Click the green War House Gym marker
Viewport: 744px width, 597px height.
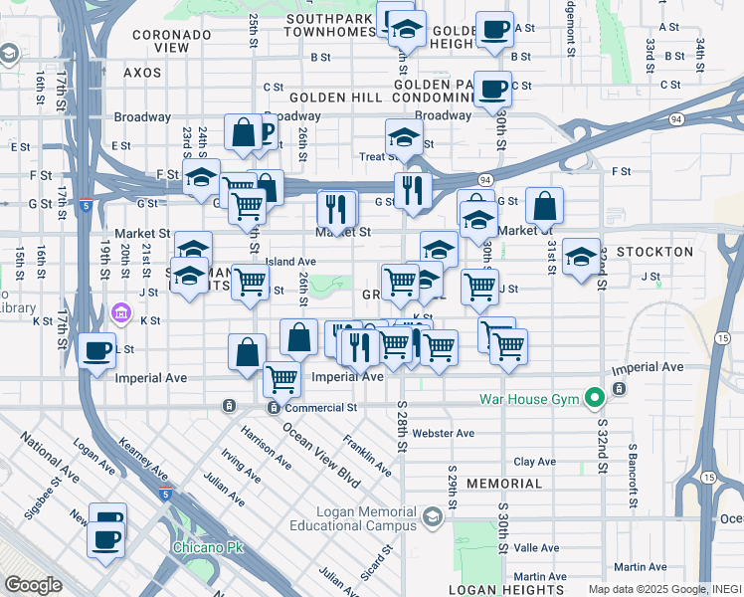[x=595, y=400]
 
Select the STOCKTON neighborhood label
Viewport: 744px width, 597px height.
[x=654, y=252]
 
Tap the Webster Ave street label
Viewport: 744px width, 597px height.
[x=444, y=433]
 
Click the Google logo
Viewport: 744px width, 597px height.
[x=33, y=584]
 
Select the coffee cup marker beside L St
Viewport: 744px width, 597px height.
[x=97, y=351]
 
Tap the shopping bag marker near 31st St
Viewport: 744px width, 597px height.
[x=545, y=207]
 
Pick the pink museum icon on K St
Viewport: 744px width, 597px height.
[x=121, y=314]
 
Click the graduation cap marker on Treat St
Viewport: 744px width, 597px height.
[x=405, y=138]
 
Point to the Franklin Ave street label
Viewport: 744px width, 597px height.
[x=367, y=449]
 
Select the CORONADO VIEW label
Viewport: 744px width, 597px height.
[x=173, y=41]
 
